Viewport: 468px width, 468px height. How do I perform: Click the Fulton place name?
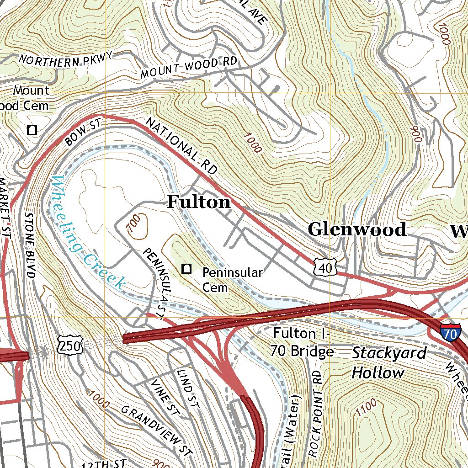[198, 202]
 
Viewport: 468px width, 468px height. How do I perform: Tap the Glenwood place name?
[356, 229]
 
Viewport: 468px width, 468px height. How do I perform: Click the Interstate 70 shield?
[450, 334]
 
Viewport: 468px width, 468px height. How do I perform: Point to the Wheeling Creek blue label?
[86, 233]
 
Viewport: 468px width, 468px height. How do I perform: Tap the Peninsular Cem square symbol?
[186, 269]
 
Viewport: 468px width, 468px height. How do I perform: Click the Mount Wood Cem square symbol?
[32, 130]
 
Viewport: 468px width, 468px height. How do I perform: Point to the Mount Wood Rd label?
[189, 67]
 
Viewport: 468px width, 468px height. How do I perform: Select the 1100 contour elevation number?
[366, 406]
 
